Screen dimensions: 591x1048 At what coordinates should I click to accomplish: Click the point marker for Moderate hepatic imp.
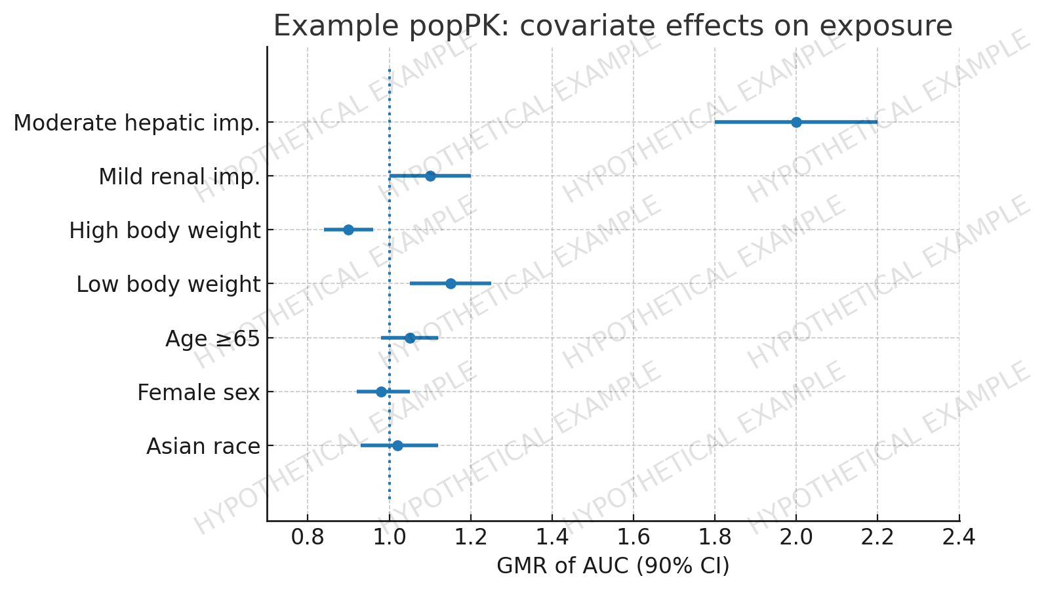pos(796,122)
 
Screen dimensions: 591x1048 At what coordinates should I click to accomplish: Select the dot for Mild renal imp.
pos(430,176)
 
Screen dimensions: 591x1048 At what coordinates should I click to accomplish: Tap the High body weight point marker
pos(348,230)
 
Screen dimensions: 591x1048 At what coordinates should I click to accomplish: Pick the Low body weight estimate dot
pos(451,283)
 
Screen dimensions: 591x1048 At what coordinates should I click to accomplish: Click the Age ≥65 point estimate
pos(410,338)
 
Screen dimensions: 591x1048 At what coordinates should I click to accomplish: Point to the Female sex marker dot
pos(381,392)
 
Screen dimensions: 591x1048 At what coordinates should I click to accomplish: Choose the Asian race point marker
pos(397,445)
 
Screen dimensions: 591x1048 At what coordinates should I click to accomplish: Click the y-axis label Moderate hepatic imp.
pos(136,123)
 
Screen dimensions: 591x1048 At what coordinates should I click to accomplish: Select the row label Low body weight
pos(168,285)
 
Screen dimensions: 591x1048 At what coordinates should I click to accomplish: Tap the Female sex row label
pos(198,393)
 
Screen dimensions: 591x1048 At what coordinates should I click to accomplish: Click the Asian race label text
pos(203,447)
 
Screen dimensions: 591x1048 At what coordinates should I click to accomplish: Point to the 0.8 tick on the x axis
pos(308,538)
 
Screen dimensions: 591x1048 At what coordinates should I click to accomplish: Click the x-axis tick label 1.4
pos(552,538)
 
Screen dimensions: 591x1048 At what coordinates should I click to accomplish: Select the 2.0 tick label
pos(796,538)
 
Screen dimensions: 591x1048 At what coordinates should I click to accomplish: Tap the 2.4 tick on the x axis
pos(959,538)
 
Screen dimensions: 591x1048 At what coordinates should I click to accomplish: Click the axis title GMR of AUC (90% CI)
pos(613,566)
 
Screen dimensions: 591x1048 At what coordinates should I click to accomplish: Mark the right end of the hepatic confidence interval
pos(877,122)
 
